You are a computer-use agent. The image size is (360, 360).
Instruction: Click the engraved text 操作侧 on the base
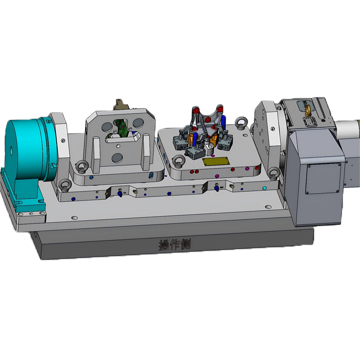tap(175, 245)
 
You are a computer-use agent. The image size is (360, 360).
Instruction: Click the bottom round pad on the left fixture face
tap(117, 157)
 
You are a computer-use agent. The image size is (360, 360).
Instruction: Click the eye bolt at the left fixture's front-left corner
tap(81, 167)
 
